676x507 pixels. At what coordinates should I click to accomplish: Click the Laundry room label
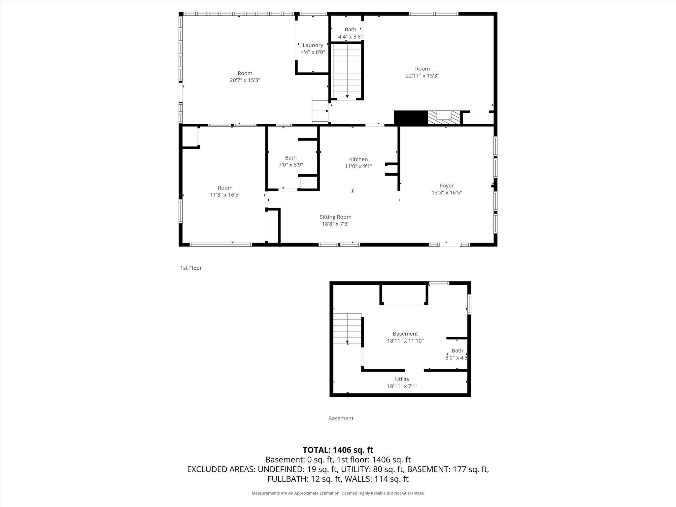click(313, 45)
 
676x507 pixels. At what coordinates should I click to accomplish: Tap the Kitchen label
click(358, 159)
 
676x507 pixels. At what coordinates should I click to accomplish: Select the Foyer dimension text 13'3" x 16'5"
click(447, 193)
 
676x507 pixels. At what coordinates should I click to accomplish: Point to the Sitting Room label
click(335, 217)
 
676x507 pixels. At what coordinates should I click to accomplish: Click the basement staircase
click(347, 328)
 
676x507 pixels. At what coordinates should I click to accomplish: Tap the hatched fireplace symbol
click(444, 118)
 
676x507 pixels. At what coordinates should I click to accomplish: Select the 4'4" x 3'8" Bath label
click(350, 33)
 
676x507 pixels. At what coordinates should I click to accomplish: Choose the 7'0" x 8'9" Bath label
click(290, 161)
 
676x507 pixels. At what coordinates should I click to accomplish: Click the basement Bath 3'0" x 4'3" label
click(457, 354)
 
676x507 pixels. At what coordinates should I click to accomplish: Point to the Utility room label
click(402, 379)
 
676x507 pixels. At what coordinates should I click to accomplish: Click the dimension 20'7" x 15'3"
click(245, 80)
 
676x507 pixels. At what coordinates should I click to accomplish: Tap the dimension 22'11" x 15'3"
click(422, 76)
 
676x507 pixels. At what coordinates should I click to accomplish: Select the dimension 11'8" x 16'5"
click(225, 195)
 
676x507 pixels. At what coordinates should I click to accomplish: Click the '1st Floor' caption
click(191, 268)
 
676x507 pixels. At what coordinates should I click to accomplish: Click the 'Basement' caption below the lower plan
click(341, 419)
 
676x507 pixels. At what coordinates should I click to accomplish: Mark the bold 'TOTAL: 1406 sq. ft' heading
click(338, 450)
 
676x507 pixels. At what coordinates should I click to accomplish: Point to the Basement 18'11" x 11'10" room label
click(405, 337)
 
